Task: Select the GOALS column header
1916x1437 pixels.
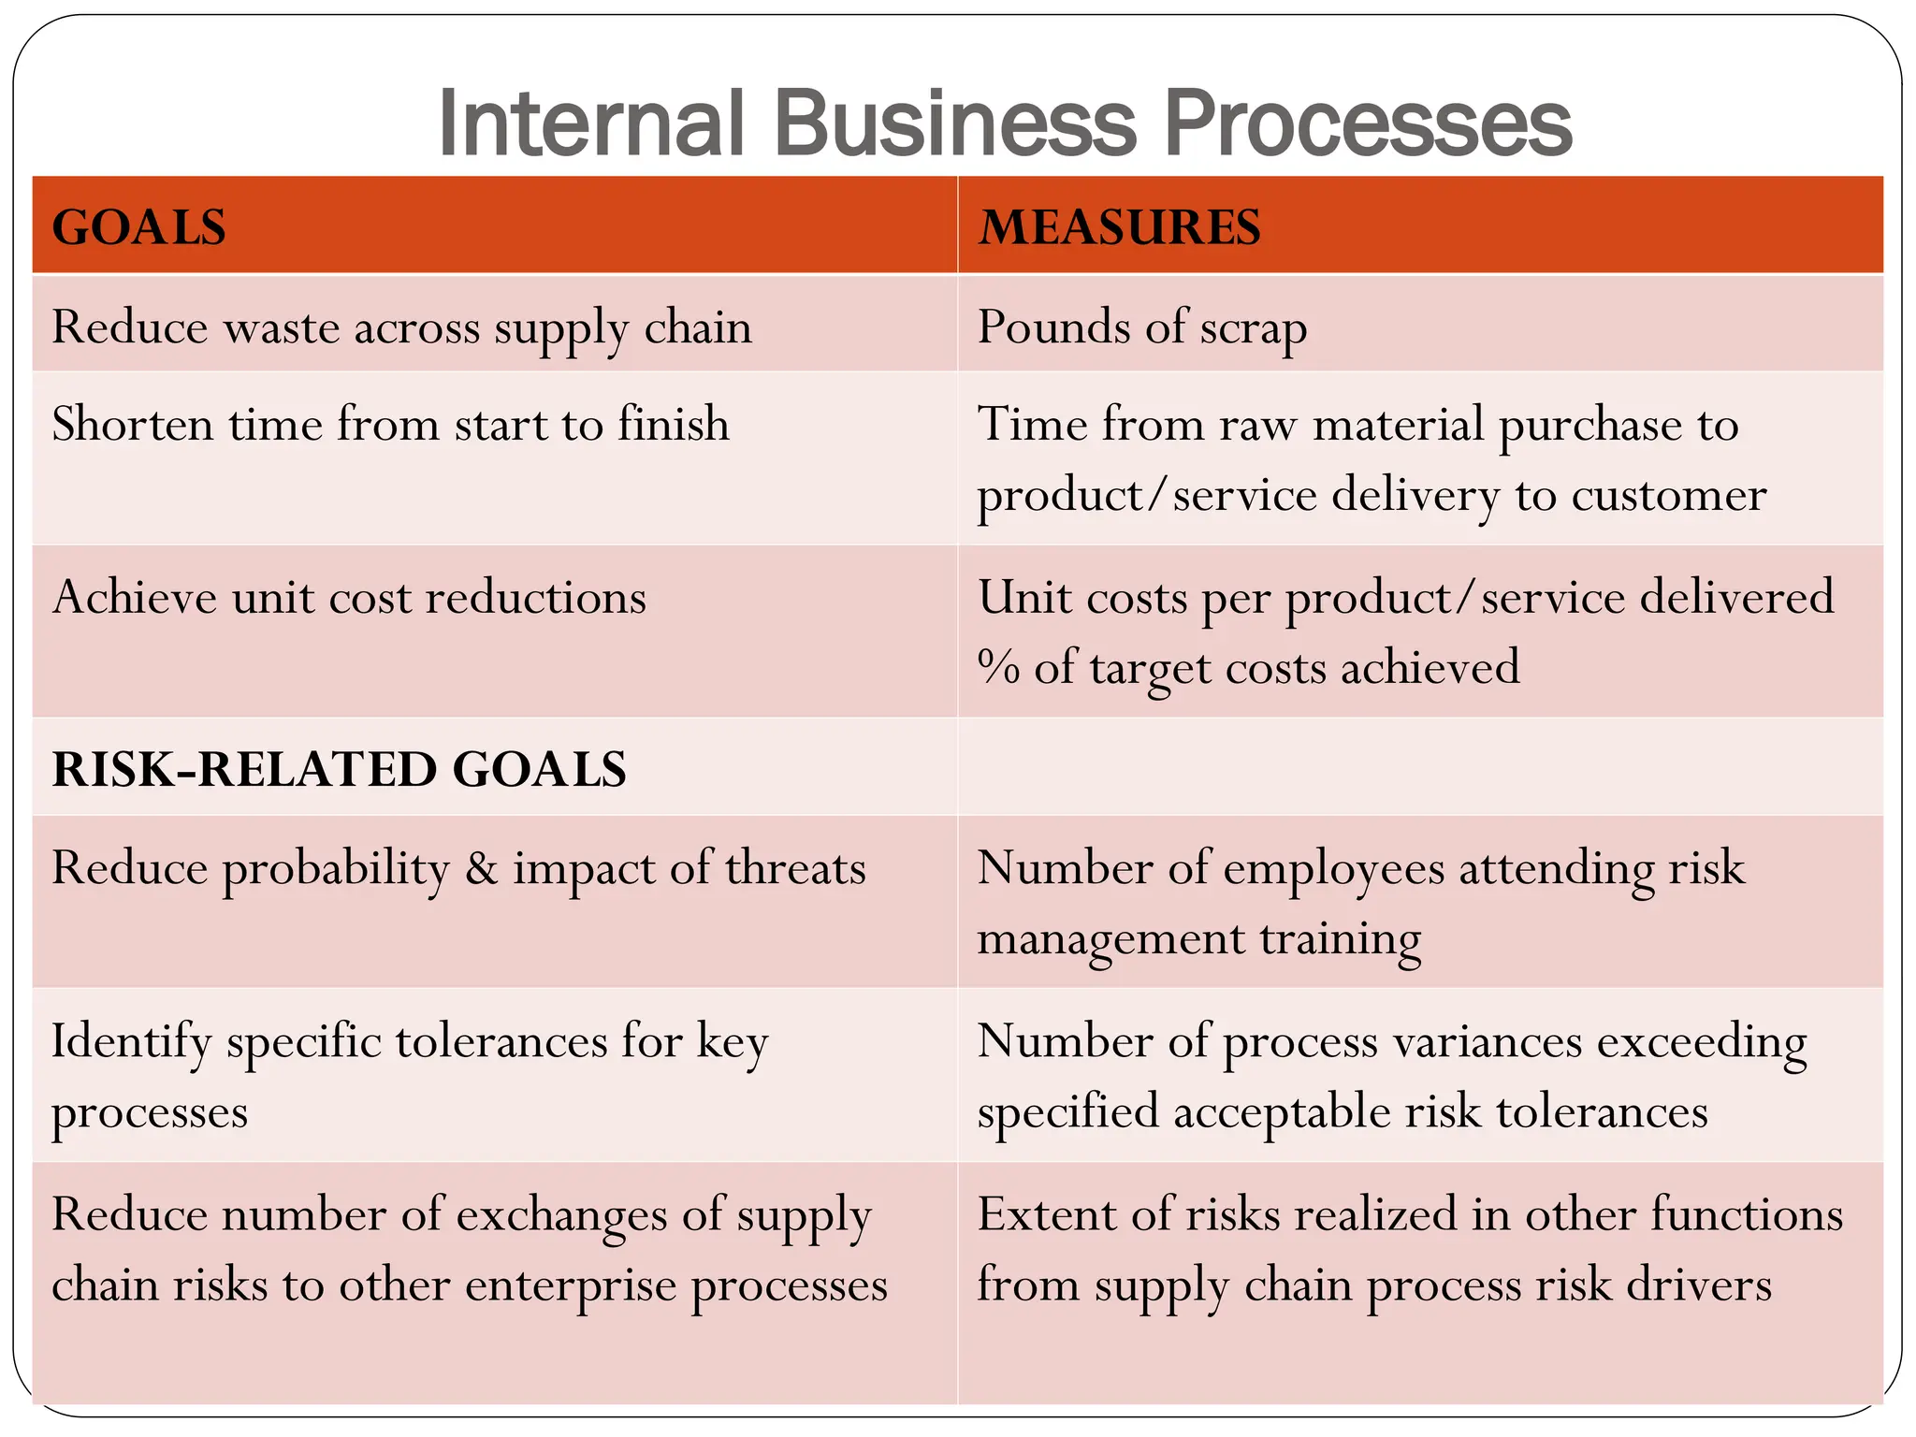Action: click(139, 227)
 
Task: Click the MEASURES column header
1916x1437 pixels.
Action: click(1120, 227)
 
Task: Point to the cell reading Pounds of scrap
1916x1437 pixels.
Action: click(1141, 327)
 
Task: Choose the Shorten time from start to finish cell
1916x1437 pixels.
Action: click(390, 424)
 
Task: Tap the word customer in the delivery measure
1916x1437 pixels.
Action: click(1669, 495)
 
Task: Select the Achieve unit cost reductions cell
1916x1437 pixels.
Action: click(349, 597)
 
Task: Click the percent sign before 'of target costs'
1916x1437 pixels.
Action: click(998, 668)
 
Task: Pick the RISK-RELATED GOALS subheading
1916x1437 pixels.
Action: click(339, 769)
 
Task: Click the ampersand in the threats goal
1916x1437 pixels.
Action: click(481, 868)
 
